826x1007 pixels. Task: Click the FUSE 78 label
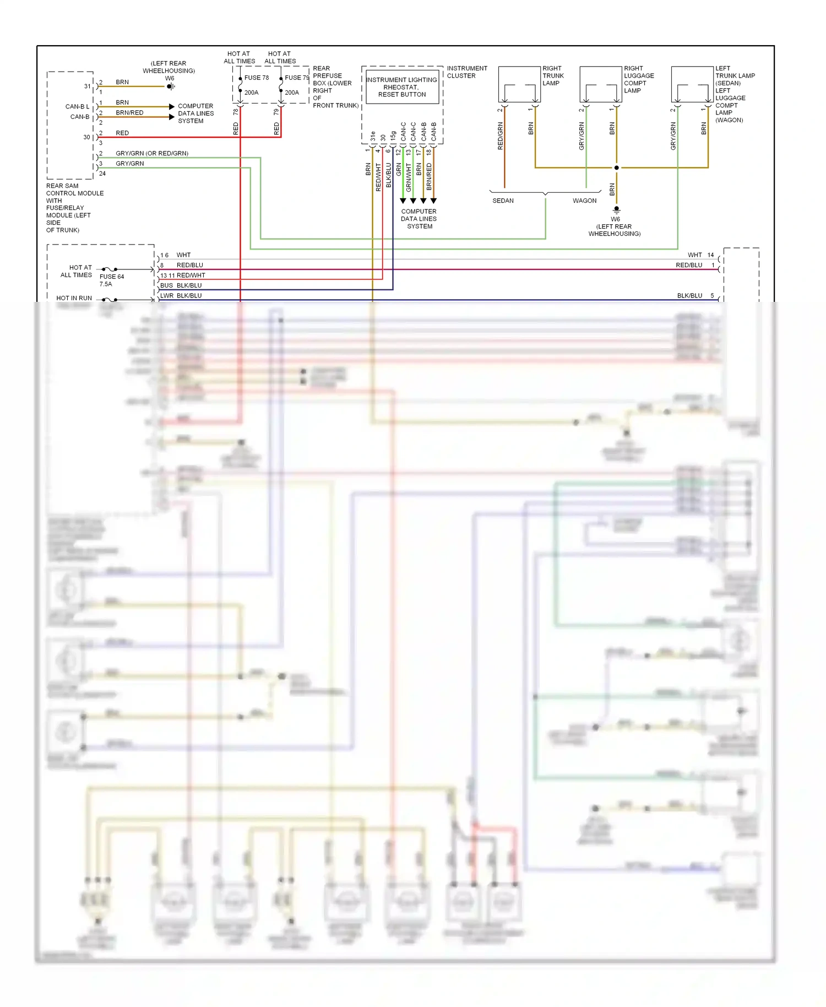pos(256,78)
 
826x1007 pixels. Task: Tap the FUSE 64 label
pos(112,277)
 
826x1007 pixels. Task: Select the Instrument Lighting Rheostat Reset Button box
pos(402,87)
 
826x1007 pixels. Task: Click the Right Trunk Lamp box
pos(519,84)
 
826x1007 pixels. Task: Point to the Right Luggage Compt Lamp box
pos(601,84)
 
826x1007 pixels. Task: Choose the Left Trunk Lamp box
pos(692,84)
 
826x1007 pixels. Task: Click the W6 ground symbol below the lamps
pos(617,209)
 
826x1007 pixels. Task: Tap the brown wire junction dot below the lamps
pos(617,167)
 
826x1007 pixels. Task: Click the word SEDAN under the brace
pos(503,201)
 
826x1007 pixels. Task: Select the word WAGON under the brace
pos(584,201)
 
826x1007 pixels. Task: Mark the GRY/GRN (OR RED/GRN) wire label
pos(151,153)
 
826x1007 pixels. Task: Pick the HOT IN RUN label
pos(74,298)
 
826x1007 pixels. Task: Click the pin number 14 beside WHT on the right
pos(710,255)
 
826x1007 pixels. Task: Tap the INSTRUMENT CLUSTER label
pos(467,72)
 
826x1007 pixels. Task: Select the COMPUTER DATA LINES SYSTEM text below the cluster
pos(419,219)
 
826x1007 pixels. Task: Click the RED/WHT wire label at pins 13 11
pos(191,275)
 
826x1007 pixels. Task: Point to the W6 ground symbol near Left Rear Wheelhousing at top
pos(171,86)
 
